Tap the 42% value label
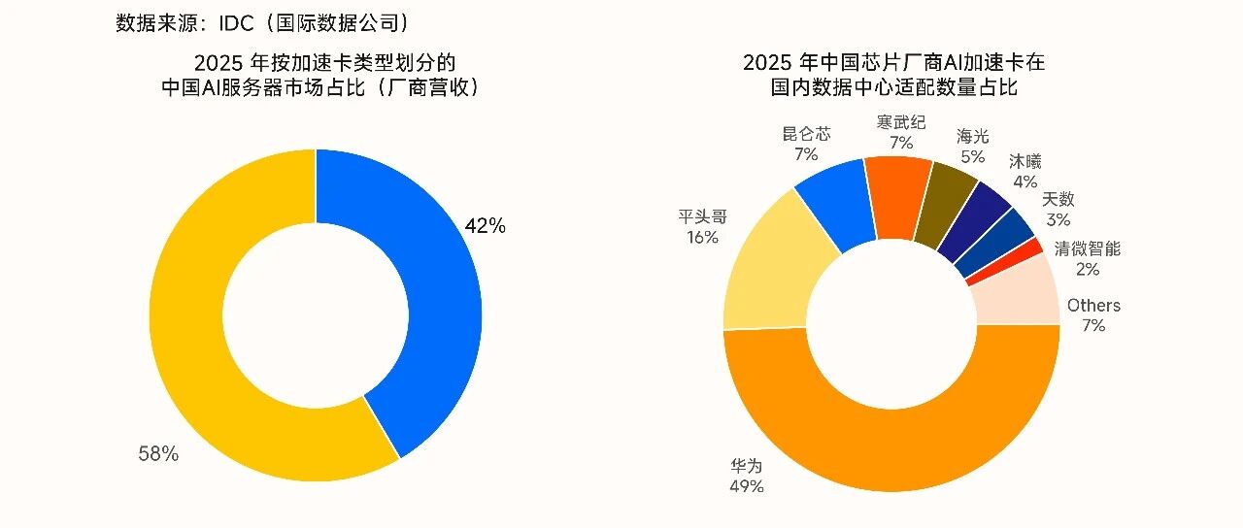point(485,226)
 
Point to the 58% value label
point(158,453)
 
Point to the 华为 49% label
point(747,476)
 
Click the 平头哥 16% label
point(702,227)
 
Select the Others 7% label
point(1093,315)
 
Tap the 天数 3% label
point(1058,209)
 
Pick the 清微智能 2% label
point(1088,258)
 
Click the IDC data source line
point(262,23)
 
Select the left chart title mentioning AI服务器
point(320,76)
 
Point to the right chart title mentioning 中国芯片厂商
point(894,75)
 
